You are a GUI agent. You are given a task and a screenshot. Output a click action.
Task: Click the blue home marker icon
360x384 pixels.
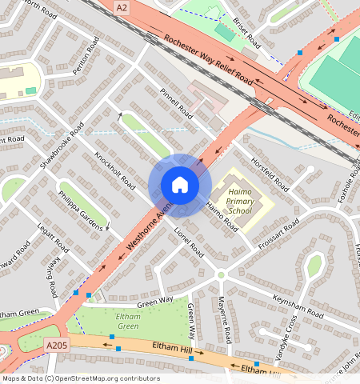pyautogui.click(x=180, y=186)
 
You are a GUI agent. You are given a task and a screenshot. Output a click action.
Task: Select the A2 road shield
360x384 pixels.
pyautogui.click(x=121, y=7)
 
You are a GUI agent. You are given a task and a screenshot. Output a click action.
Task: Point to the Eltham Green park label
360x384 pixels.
pyautogui.click(x=128, y=321)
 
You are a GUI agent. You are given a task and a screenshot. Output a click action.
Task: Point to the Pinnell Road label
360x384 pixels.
pyautogui.click(x=176, y=107)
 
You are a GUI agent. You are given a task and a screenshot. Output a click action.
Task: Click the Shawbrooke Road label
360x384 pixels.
pyautogui.click(x=62, y=146)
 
